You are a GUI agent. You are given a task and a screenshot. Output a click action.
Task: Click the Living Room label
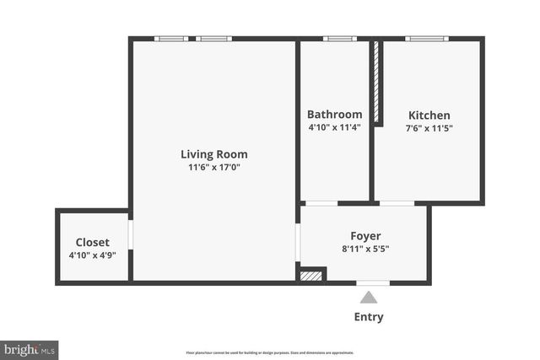coord(213,154)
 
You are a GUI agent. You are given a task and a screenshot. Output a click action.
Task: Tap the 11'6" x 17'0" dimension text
coord(213,167)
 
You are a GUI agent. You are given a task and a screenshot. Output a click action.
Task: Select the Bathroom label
coord(334,115)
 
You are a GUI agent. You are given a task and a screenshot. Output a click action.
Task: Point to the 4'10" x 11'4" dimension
coord(334,127)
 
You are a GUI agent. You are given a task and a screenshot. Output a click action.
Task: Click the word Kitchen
coord(429,116)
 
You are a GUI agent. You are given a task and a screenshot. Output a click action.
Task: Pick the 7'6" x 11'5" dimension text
coord(429,128)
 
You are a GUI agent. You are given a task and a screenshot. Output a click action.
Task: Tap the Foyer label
coord(365,236)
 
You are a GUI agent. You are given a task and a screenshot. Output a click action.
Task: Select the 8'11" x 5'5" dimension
coord(365,249)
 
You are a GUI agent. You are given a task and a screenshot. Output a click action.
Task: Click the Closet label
coord(92,242)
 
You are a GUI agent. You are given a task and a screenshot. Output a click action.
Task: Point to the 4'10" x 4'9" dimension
coord(92,255)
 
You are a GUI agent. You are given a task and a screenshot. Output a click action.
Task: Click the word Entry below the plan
coord(368,317)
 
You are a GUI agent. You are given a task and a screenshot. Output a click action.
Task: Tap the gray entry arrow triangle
coord(368,297)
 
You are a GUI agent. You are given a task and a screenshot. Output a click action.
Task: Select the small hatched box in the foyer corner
coord(311,275)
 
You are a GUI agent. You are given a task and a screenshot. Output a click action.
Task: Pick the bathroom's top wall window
coord(339,38)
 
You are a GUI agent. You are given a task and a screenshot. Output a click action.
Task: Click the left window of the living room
coord(171,38)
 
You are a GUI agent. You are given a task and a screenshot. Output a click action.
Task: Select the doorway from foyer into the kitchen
coord(397,203)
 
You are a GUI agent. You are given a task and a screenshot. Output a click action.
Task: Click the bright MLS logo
coord(30,348)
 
